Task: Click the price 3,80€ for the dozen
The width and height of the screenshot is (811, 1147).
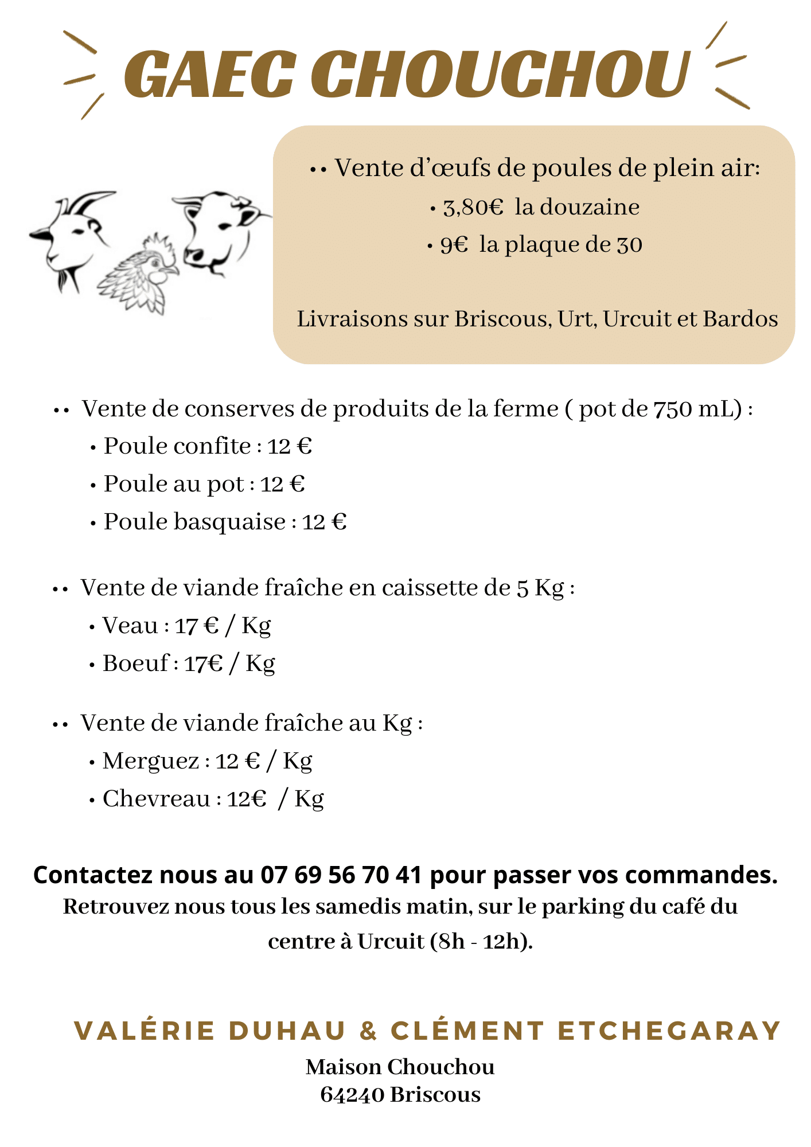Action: pos(473,207)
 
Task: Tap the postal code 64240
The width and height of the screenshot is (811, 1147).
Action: pos(352,1095)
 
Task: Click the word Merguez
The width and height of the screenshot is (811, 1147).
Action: pos(151,761)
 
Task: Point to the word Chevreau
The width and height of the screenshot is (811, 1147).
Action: pos(157,799)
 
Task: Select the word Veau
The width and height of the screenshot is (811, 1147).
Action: pos(130,626)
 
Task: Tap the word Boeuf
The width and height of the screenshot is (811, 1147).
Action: pos(136,664)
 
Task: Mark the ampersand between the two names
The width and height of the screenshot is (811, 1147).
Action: pos(368,1031)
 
